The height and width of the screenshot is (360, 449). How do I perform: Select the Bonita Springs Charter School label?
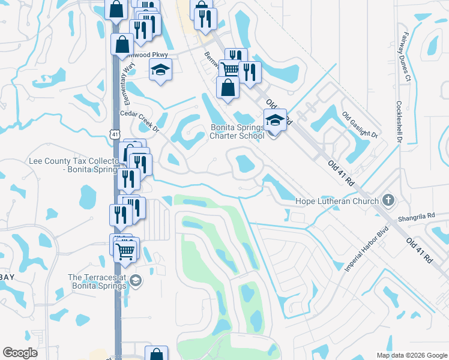237,131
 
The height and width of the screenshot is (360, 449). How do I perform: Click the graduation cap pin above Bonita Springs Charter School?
275,119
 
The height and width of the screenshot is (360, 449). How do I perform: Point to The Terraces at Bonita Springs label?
97,281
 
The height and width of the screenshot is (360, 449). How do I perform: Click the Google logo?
20,353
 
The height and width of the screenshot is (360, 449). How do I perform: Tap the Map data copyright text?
412,355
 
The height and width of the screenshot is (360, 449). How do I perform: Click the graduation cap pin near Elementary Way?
160,71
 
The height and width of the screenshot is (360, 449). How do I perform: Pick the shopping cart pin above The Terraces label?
125,250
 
